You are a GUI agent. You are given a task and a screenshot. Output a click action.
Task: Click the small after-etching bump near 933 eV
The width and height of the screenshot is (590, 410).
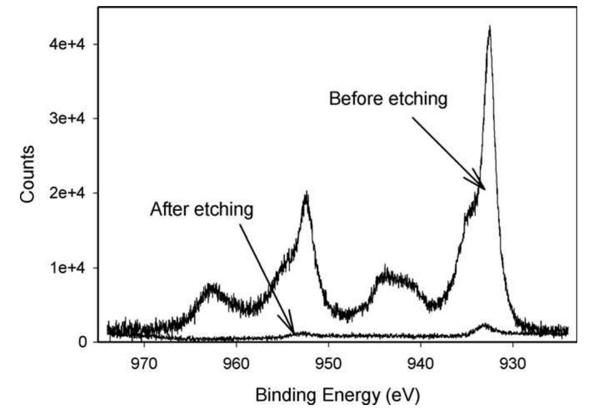(485, 325)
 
